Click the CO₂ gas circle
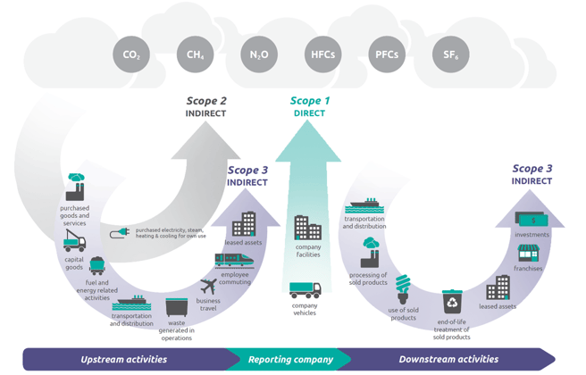point(131,55)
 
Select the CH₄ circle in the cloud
point(195,55)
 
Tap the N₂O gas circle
point(259,55)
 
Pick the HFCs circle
point(322,55)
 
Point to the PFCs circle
point(386,55)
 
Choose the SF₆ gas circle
point(449,55)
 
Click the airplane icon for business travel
point(209,287)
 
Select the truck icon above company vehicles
point(305,292)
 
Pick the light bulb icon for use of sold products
point(404,285)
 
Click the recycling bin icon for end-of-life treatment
point(453,301)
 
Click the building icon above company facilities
point(307,228)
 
